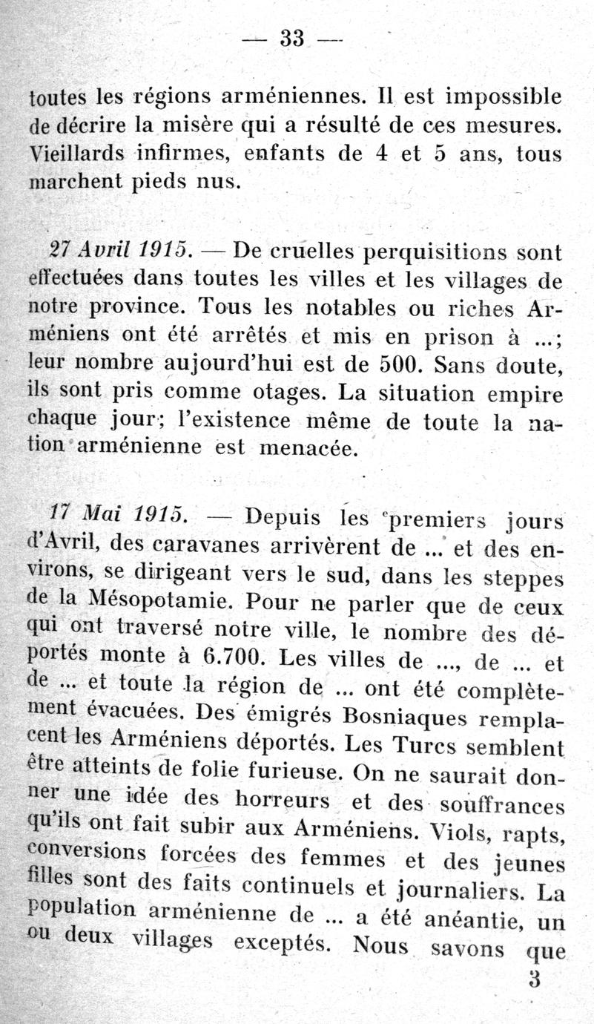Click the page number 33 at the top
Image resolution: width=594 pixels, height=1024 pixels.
(293, 38)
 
